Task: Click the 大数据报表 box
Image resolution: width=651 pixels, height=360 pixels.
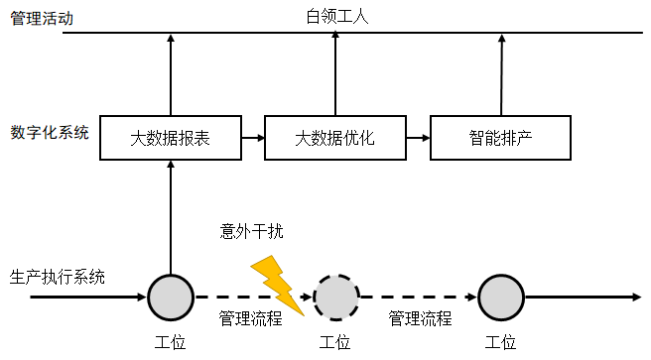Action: coord(170,137)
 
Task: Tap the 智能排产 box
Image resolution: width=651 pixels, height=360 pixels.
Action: coord(500,137)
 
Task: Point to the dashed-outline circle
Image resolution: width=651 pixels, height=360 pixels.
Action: coord(335,296)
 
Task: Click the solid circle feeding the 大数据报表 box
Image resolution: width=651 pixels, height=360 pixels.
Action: coord(171,296)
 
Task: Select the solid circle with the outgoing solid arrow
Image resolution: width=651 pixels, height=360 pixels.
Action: coord(501,296)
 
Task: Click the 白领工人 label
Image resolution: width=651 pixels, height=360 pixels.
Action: coord(335,14)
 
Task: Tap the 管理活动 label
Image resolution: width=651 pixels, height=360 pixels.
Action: coord(42,18)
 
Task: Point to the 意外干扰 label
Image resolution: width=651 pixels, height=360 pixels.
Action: coord(252,232)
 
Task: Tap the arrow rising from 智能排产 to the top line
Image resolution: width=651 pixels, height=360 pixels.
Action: coord(501,74)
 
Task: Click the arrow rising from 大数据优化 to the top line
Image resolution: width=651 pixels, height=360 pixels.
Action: coord(335,74)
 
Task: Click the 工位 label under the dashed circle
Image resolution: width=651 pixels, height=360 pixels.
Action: coord(335,343)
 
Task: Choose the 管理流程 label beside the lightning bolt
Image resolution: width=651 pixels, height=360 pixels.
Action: coord(250,318)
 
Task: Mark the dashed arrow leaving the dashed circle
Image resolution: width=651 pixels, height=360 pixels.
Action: coord(417,296)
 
